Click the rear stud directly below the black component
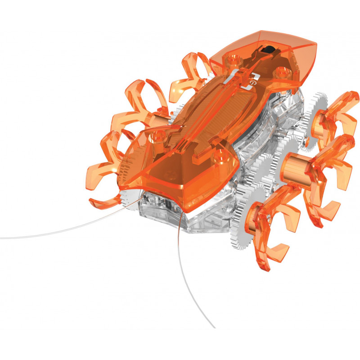coord(282,71)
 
